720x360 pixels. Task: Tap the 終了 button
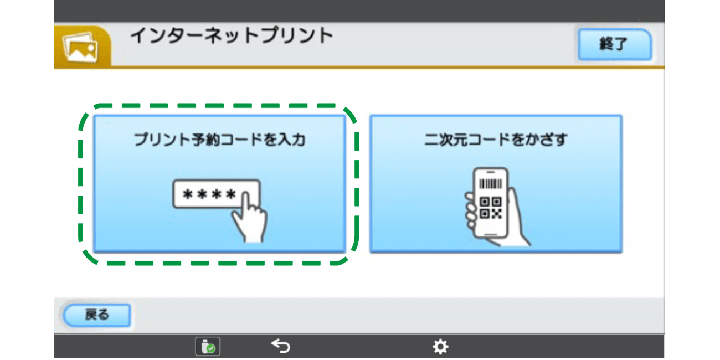pyautogui.click(x=614, y=44)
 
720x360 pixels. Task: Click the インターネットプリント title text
pyautogui.click(x=232, y=36)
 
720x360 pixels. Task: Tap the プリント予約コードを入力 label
pyautogui.click(x=219, y=140)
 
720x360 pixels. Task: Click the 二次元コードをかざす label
pyautogui.click(x=496, y=140)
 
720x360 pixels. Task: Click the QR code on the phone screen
pyautogui.click(x=490, y=208)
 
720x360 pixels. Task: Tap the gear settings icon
pyautogui.click(x=440, y=347)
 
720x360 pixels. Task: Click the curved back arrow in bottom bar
pyautogui.click(x=281, y=347)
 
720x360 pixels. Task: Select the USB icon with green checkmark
pyautogui.click(x=208, y=347)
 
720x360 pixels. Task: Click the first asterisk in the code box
pyautogui.click(x=187, y=195)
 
